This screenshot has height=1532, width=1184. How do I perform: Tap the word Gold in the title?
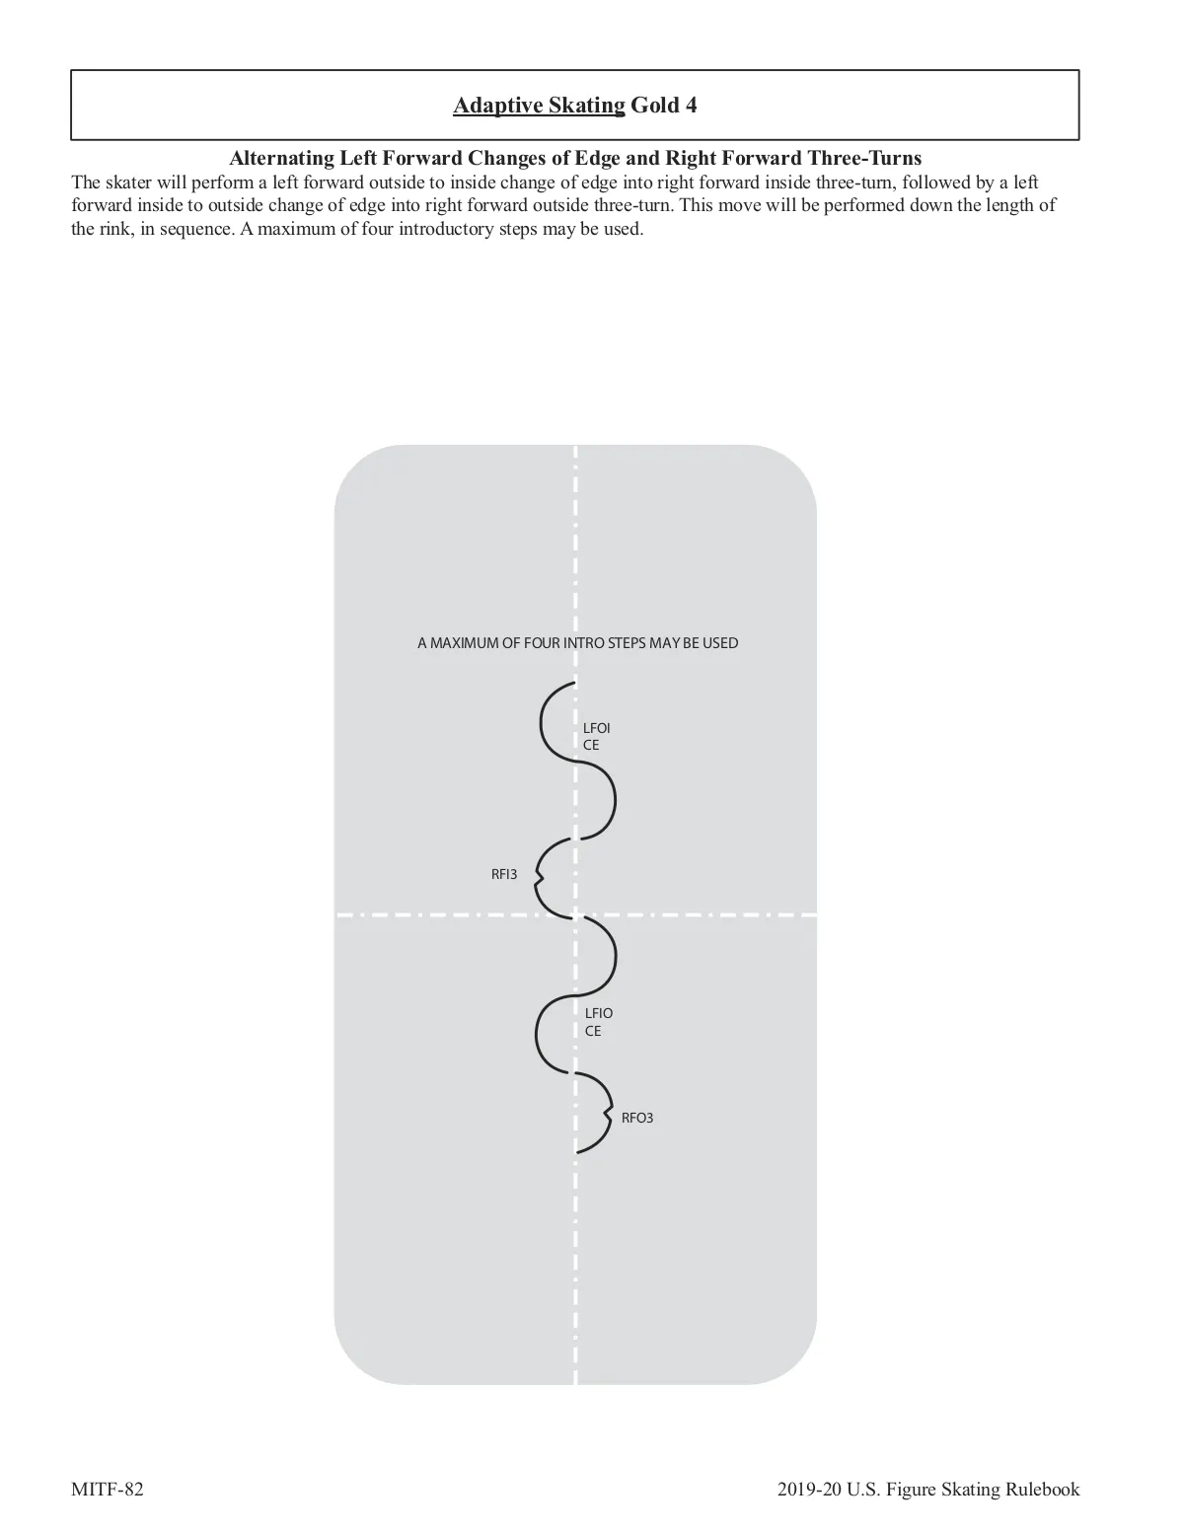[x=654, y=106]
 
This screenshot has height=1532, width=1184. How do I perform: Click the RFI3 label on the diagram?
[x=504, y=874]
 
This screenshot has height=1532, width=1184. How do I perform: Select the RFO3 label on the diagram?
[x=637, y=1118]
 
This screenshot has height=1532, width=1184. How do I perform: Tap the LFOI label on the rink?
[x=597, y=728]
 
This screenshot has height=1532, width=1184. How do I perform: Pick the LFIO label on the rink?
[x=599, y=1013]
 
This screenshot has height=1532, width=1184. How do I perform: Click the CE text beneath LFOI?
[x=591, y=745]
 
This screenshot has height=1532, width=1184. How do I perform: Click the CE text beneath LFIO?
[x=593, y=1031]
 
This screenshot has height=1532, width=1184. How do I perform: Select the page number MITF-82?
[x=108, y=1490]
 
